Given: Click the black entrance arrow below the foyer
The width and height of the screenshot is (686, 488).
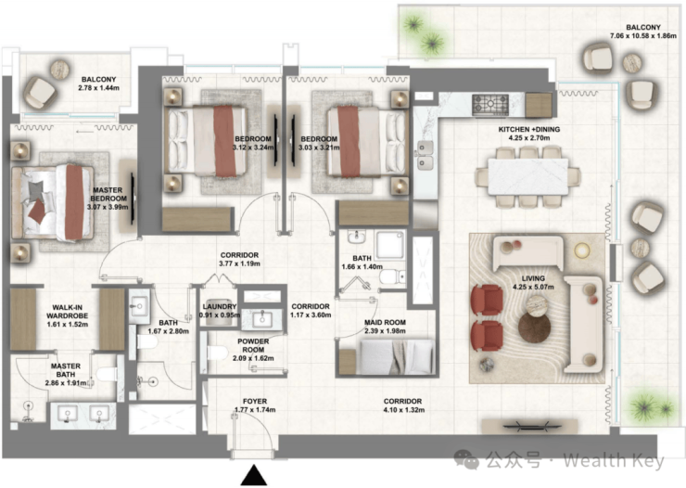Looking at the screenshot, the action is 254,476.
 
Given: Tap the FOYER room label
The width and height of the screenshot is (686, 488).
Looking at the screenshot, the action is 255,402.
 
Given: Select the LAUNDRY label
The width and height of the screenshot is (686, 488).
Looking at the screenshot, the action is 220,307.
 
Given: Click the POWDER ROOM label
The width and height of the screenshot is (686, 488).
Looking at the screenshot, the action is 253,345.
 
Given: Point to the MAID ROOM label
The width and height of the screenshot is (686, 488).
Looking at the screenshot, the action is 385,323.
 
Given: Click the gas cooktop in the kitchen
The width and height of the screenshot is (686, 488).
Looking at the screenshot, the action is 490,104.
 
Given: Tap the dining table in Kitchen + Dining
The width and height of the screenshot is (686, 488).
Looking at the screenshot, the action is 528,177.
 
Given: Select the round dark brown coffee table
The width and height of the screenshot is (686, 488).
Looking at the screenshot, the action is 534,327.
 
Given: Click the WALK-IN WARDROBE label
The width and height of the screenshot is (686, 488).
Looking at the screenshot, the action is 68,312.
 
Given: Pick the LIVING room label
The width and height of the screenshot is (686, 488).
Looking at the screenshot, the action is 533,278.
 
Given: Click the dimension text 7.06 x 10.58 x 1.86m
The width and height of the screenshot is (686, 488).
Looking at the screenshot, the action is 643,36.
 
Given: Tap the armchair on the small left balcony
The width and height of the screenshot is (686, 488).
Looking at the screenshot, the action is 40,93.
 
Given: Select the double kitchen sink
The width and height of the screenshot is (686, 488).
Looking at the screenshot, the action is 424,155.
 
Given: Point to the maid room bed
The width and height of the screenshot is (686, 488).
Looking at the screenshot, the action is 397,356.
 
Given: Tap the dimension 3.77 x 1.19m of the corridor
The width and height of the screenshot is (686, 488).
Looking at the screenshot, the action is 239,263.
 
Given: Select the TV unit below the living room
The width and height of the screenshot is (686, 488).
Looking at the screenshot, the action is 530,426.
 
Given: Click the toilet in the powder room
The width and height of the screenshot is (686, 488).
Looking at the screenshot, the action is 218,353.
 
